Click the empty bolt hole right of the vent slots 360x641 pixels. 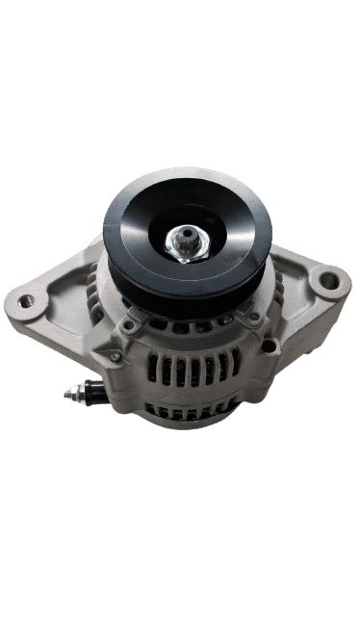point(253,343)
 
